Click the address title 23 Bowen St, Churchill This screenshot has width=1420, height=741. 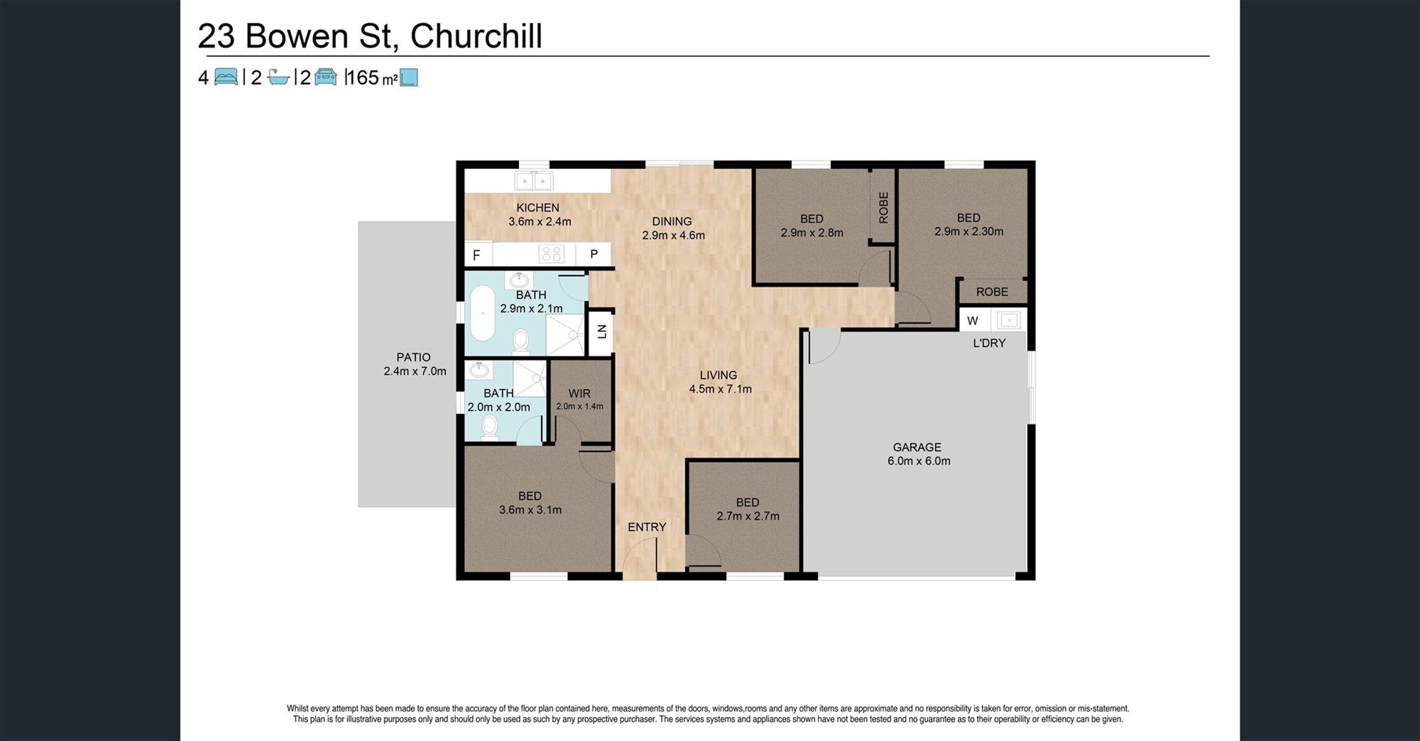pyautogui.click(x=370, y=37)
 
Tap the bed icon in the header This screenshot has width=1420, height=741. pyautogui.click(x=226, y=77)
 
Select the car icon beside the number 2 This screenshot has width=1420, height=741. pyautogui.click(x=326, y=77)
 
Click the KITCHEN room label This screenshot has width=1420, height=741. pyautogui.click(x=537, y=208)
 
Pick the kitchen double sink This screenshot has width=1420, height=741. pyautogui.click(x=534, y=181)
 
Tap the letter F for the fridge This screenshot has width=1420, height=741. pyautogui.click(x=476, y=256)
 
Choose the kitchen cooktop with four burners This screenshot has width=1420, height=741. pyautogui.click(x=552, y=253)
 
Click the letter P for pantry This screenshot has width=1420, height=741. pyautogui.click(x=594, y=254)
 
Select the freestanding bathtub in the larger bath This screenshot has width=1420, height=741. pyautogui.click(x=483, y=314)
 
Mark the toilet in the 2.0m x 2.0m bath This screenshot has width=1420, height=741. pyautogui.click(x=489, y=427)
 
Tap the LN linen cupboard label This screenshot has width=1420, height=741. pyautogui.click(x=601, y=331)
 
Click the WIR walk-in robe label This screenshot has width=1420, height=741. pyautogui.click(x=579, y=393)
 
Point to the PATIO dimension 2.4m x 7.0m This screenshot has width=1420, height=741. pyautogui.click(x=415, y=371)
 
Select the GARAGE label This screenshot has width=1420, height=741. pyautogui.click(x=917, y=447)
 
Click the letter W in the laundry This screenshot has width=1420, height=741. pyautogui.click(x=973, y=321)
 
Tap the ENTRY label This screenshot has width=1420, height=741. pyautogui.click(x=647, y=527)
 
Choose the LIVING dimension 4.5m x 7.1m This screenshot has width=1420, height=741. pyautogui.click(x=720, y=389)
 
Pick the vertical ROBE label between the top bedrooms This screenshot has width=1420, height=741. pyautogui.click(x=884, y=208)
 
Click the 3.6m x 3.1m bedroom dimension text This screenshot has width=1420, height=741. pyautogui.click(x=530, y=510)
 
